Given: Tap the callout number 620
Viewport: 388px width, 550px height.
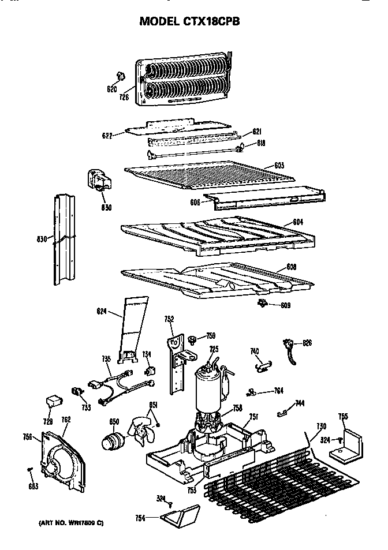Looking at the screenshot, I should (x=112, y=89).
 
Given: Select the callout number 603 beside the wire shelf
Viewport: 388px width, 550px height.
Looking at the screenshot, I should (x=279, y=166).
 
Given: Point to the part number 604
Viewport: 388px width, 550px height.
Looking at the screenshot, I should (x=298, y=222).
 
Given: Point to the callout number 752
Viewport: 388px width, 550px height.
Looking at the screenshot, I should (x=169, y=319).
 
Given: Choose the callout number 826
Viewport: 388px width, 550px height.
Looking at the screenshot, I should (x=307, y=343).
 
